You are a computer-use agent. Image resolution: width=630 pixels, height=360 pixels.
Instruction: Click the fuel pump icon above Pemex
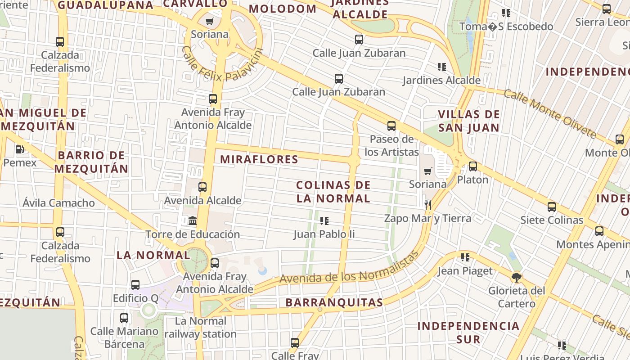(19, 149)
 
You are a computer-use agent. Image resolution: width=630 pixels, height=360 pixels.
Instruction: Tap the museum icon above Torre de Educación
(193, 221)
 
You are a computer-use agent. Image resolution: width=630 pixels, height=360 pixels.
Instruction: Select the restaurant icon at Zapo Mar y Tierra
(427, 205)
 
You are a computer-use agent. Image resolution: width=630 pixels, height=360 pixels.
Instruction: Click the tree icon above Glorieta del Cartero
(517, 277)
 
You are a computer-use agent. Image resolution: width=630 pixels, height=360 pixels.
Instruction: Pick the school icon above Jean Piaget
(465, 257)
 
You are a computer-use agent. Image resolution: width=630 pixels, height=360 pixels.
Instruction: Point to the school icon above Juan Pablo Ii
(324, 220)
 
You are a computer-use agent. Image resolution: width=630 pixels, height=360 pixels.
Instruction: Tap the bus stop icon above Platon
(473, 166)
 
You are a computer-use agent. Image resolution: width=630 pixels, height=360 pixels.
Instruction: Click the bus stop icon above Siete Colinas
(552, 207)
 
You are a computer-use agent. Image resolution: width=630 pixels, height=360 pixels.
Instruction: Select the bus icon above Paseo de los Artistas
(391, 126)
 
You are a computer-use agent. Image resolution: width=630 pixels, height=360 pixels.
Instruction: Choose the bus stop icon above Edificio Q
(135, 285)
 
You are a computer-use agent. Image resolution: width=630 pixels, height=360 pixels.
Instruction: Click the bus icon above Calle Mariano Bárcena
(124, 318)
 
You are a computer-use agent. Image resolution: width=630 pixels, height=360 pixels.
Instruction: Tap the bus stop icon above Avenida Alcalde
(202, 187)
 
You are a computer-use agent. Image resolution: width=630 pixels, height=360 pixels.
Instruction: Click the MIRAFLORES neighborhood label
(259, 159)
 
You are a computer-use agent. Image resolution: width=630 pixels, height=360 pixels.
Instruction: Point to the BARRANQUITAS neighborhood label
(334, 302)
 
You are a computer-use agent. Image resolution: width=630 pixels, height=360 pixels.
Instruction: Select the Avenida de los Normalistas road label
(349, 268)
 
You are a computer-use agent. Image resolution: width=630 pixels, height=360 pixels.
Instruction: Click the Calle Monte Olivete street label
(549, 113)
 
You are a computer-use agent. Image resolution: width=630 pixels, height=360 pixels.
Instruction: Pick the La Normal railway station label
(200, 328)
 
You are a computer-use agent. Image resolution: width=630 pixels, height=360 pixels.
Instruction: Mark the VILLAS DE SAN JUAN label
(469, 121)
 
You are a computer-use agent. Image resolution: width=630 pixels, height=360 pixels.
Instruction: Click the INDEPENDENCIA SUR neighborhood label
(468, 332)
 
